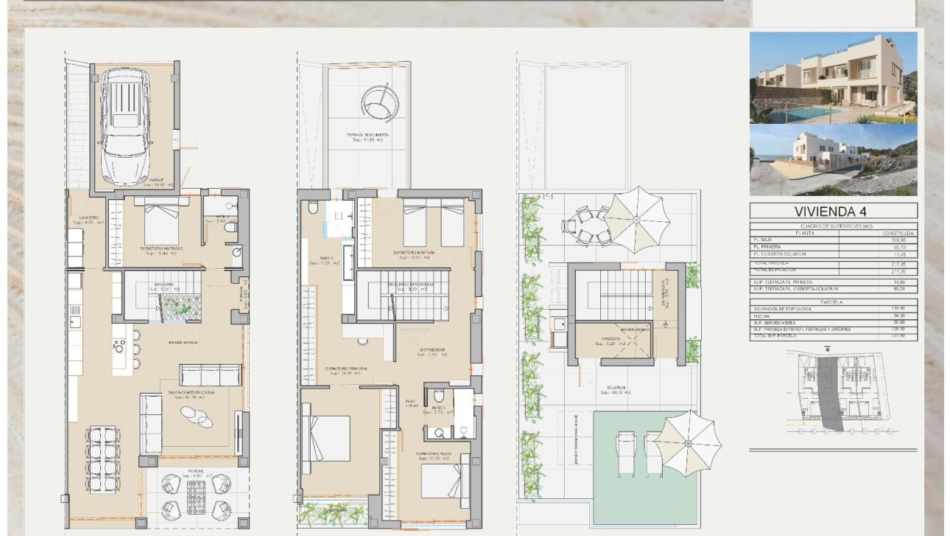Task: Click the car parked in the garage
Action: [x=129, y=127]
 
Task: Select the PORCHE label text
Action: [x=196, y=470]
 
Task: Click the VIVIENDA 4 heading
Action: [x=833, y=212]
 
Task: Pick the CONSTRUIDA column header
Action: [x=899, y=233]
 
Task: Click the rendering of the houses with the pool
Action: [x=833, y=77]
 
